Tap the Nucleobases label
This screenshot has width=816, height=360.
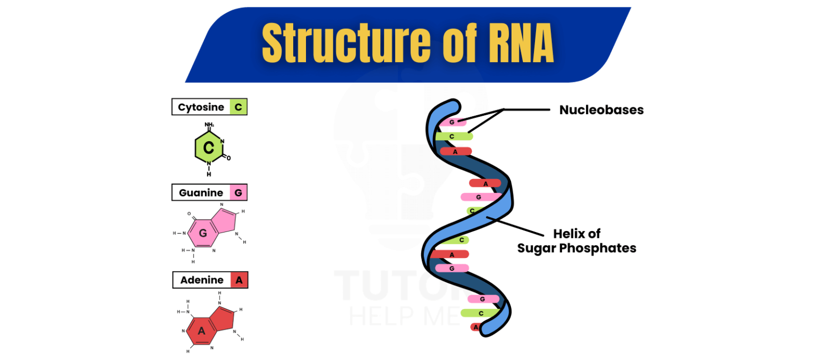(x=601, y=110)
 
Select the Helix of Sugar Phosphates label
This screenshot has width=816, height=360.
(x=576, y=241)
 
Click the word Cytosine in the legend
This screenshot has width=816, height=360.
(x=201, y=107)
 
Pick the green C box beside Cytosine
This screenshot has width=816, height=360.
(x=238, y=107)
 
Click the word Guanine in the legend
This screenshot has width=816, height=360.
(x=201, y=193)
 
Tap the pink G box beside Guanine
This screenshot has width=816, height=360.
(x=238, y=193)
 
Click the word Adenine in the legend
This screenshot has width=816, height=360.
(x=201, y=280)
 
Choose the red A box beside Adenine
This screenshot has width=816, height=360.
(x=239, y=280)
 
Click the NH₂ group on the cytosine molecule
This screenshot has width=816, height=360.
(x=209, y=125)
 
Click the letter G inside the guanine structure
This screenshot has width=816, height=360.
(x=202, y=233)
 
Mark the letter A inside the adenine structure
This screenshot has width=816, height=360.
(x=201, y=331)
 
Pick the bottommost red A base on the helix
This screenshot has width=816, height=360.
(x=475, y=327)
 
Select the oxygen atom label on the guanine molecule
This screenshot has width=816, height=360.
(x=189, y=214)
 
